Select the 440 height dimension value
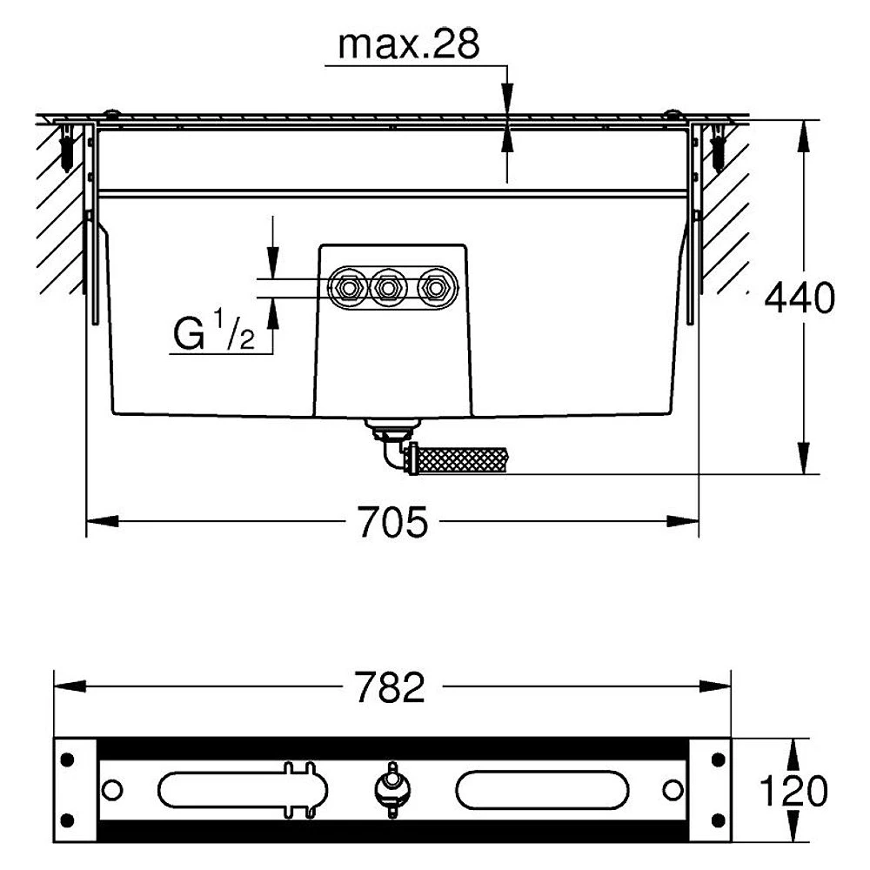pyautogui.click(x=799, y=298)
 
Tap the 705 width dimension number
pyautogui.click(x=393, y=522)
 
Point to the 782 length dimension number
pyautogui.click(x=390, y=687)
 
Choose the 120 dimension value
pyautogui.click(x=793, y=791)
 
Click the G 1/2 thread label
pyautogui.click(x=214, y=331)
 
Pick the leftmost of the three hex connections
pyautogui.click(x=348, y=288)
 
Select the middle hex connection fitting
pyautogui.click(x=389, y=288)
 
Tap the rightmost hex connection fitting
pyautogui.click(x=436, y=288)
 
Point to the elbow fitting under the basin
pyautogui.click(x=392, y=448)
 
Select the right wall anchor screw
pyautogui.click(x=718, y=146)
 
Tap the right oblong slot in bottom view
pyautogui.click(x=542, y=790)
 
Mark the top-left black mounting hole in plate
pyautogui.click(x=67, y=760)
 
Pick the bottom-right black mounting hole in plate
pyautogui.click(x=718, y=820)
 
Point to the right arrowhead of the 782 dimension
pyautogui.click(x=714, y=686)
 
